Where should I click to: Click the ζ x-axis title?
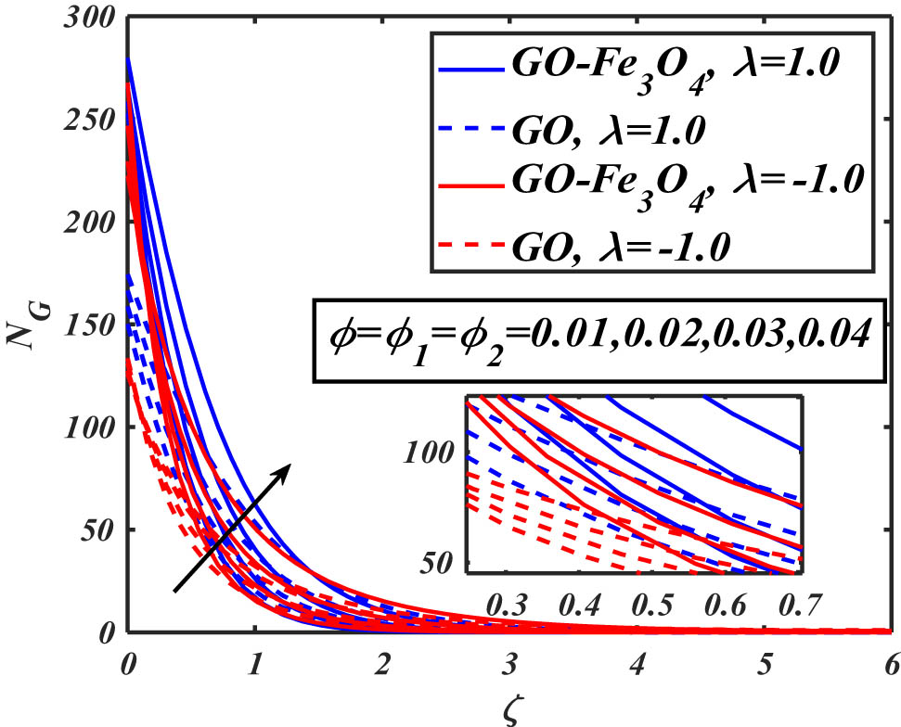(x=508, y=708)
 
